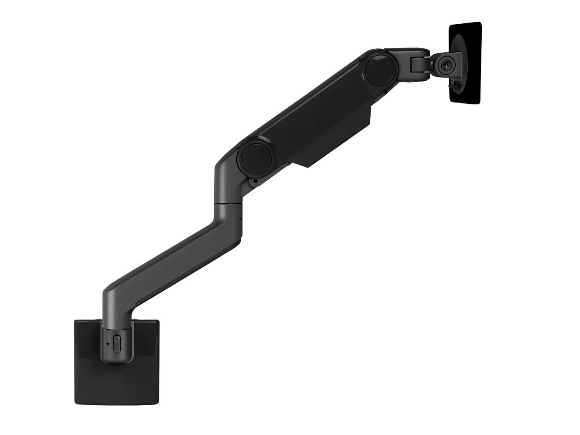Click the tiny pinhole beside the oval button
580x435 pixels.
(x=107, y=344)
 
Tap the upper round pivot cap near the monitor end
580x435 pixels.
(x=381, y=69)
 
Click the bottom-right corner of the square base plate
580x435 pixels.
(x=159, y=402)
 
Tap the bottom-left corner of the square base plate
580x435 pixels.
(x=75, y=402)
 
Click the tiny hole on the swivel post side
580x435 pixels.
(x=241, y=217)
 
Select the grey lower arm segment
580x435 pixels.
(x=174, y=261)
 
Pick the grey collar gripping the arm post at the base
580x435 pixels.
(x=116, y=343)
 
